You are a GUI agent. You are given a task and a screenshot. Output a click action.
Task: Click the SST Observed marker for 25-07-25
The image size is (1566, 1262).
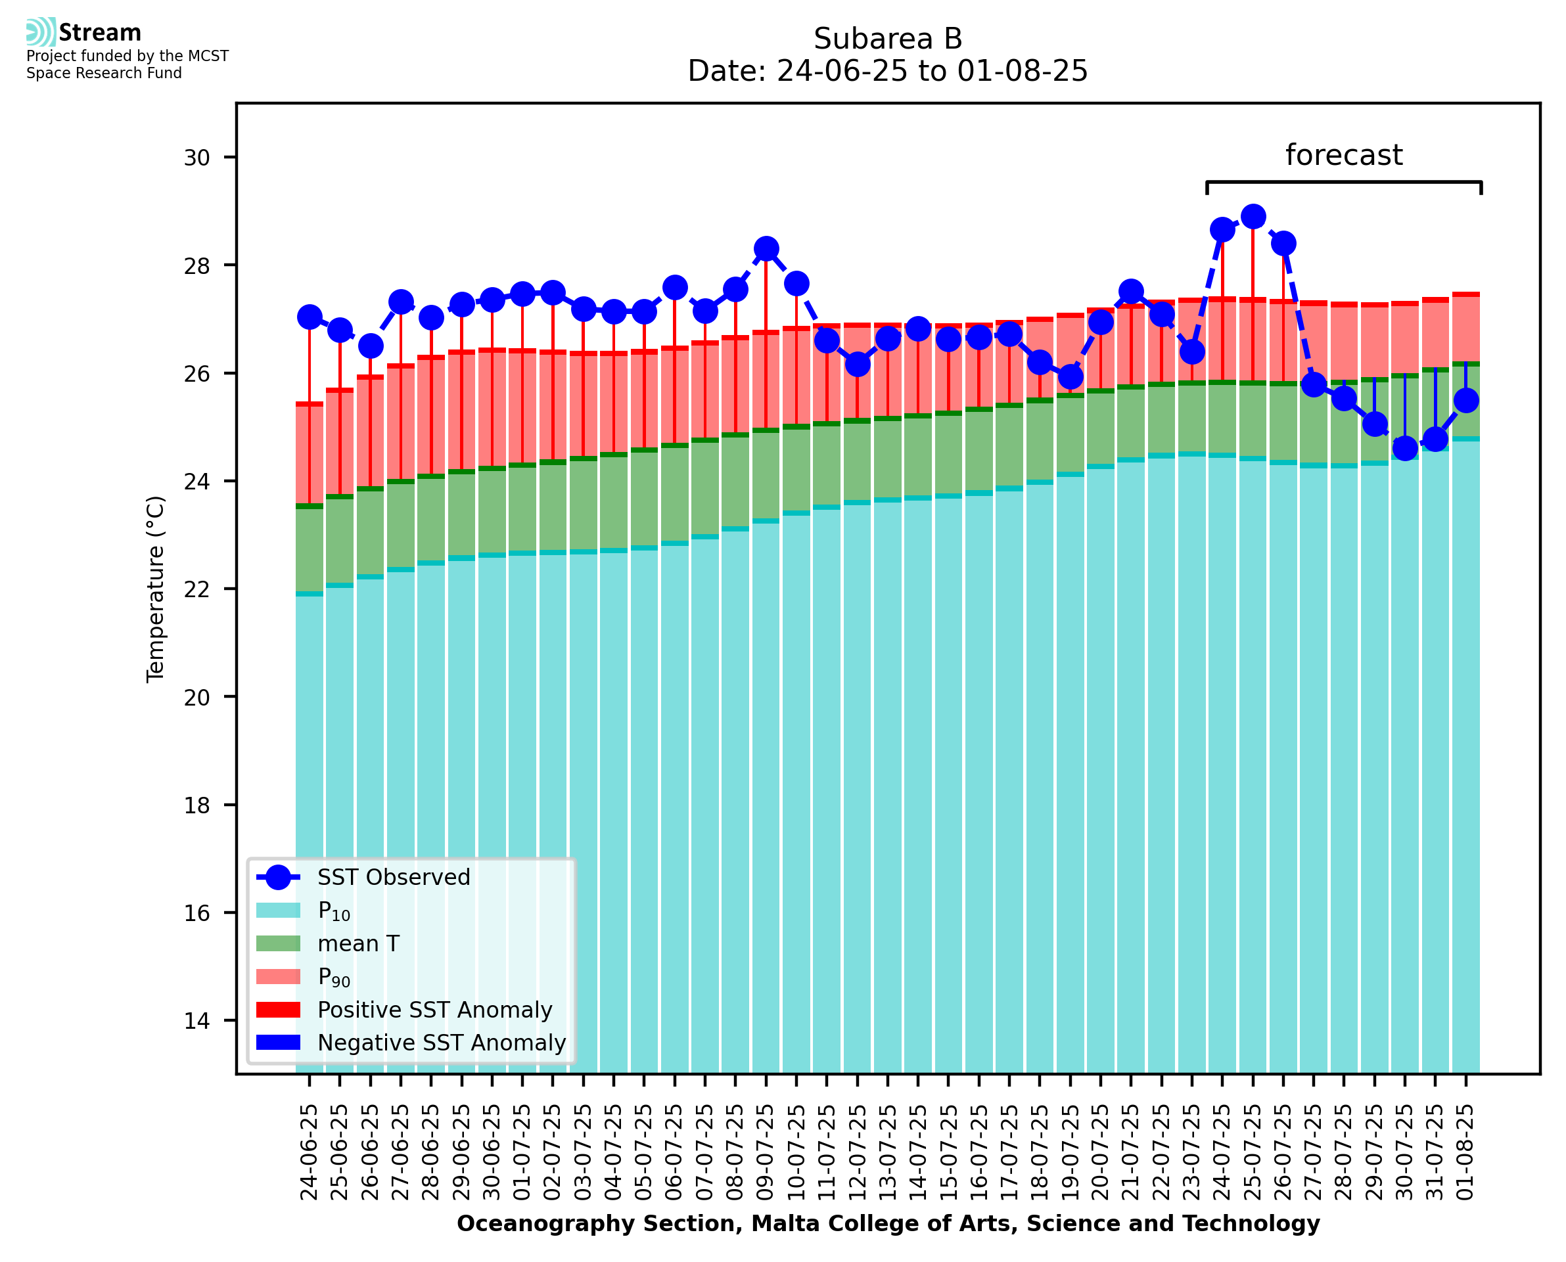tap(1253, 217)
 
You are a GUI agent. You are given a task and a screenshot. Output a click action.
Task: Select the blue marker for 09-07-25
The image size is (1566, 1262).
tap(766, 248)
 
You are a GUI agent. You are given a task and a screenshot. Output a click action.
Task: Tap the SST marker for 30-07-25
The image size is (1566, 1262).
tap(1404, 448)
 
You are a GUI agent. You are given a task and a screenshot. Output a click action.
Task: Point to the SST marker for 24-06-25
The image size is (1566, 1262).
tap(310, 317)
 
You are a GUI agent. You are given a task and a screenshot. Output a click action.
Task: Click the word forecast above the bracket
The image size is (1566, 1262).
tap(1343, 155)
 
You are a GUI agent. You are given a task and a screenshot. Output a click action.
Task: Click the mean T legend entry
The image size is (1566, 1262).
tap(357, 943)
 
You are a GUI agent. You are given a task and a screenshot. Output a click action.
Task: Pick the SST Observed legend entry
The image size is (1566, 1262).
tap(394, 878)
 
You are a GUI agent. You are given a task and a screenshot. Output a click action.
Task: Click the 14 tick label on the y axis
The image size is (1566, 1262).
tap(196, 1021)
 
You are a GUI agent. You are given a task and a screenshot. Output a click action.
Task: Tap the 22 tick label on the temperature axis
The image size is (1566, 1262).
tap(196, 589)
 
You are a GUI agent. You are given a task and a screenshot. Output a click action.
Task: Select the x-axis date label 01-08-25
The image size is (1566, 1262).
tap(1465, 1152)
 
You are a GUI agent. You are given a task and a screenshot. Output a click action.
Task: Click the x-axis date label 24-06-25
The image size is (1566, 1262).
tap(310, 1152)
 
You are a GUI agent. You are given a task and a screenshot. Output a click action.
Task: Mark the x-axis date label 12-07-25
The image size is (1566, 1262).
tap(857, 1152)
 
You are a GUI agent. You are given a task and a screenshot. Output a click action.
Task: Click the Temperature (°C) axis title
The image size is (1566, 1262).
tap(156, 589)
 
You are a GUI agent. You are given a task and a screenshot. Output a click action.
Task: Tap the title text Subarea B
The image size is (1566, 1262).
tap(887, 39)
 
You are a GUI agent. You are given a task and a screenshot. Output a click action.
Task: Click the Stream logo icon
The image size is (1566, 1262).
tap(41, 32)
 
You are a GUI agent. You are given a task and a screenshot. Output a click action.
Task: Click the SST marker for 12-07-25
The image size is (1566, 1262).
tap(857, 363)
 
